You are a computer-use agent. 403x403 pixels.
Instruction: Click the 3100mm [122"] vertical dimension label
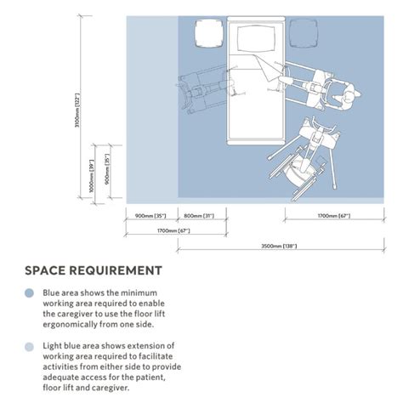[x=77, y=111]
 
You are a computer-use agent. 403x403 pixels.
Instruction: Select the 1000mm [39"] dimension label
[x=92, y=176]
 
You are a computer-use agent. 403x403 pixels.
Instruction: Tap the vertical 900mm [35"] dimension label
[x=107, y=169]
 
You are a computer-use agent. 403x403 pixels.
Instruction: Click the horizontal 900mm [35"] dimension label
[x=150, y=216]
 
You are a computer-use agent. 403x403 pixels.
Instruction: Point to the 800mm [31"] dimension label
[x=199, y=216]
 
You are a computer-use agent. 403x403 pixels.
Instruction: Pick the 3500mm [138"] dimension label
[x=279, y=246]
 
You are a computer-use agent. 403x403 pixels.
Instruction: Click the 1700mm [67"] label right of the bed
[x=334, y=216]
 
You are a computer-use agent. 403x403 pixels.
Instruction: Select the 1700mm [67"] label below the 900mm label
[x=173, y=230]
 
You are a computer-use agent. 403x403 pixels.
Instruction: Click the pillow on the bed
[x=256, y=39]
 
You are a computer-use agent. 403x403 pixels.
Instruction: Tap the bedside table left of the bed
[x=209, y=33]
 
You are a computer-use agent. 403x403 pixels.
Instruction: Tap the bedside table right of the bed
[x=304, y=33]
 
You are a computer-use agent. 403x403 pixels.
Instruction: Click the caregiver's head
[x=349, y=96]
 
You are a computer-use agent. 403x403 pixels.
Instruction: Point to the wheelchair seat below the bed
[x=298, y=172]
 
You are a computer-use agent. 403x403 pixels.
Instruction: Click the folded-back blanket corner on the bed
[x=268, y=68]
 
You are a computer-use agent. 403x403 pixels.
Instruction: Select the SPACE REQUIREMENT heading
[x=94, y=270]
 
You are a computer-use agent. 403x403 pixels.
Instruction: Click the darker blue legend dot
[x=29, y=292]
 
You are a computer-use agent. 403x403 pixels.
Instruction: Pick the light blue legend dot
[x=29, y=347]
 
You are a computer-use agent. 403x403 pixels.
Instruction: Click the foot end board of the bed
[x=256, y=143]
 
